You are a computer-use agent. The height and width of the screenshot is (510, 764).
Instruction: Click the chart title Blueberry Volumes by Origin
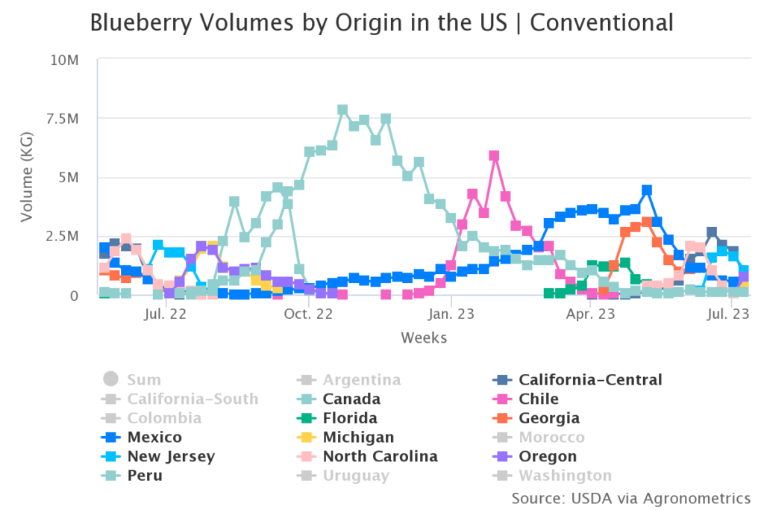click(381, 22)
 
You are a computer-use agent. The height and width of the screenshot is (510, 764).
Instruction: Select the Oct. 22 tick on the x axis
click(308, 315)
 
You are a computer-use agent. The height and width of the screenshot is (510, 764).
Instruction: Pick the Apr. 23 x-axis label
click(590, 315)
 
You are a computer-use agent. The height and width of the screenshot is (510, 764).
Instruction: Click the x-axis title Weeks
click(424, 338)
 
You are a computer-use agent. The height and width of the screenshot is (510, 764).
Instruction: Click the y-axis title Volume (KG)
click(27, 178)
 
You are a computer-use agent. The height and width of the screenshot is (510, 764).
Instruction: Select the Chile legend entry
click(538, 399)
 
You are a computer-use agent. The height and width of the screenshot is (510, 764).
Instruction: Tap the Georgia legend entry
click(548, 418)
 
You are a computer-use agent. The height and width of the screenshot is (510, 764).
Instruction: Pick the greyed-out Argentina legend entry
click(361, 379)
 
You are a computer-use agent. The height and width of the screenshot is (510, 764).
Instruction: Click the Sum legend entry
click(143, 379)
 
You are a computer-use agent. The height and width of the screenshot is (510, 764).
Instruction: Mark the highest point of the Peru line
click(342, 110)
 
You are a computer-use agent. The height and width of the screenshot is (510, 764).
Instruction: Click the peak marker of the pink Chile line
click(494, 156)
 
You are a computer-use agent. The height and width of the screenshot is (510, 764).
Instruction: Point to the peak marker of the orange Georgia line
click(647, 223)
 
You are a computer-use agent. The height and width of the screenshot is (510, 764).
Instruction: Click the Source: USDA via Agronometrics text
click(631, 497)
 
